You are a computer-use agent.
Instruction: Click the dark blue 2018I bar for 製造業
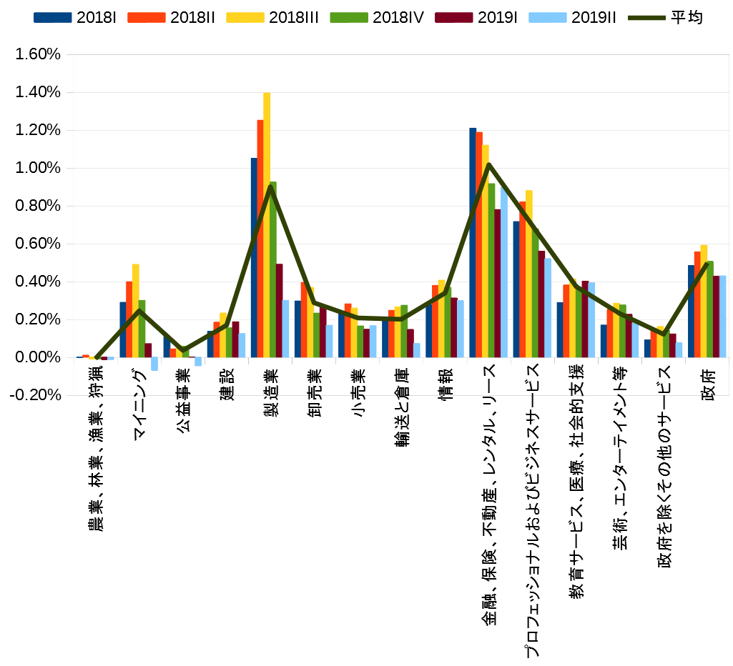click(x=254, y=257)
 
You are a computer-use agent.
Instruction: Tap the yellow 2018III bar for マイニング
click(x=136, y=310)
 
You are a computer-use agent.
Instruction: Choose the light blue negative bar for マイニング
click(x=154, y=364)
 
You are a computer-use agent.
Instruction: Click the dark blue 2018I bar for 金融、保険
click(x=473, y=242)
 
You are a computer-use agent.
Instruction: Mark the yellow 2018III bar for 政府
click(x=704, y=301)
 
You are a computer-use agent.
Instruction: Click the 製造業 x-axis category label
click(x=271, y=387)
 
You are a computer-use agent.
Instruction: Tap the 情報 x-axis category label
click(x=446, y=387)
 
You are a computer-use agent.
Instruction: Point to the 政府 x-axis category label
click(x=707, y=387)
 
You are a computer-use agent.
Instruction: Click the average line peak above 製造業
click(x=271, y=187)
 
